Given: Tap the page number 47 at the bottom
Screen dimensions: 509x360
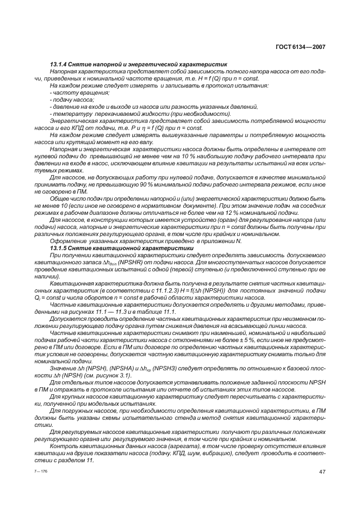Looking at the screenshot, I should point(321,471).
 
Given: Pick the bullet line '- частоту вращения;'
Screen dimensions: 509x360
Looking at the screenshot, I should point(71,93).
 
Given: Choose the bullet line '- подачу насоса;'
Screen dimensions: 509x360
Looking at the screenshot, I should point(67,100).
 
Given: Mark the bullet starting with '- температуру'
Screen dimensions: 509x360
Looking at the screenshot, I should point(69,114).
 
